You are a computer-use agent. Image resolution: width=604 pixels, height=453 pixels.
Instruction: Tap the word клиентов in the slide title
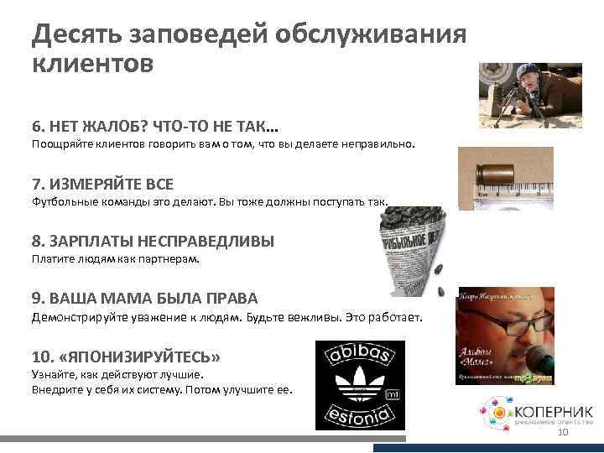point(93,64)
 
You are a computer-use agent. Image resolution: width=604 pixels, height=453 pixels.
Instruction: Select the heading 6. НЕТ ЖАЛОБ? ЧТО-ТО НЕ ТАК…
point(155,127)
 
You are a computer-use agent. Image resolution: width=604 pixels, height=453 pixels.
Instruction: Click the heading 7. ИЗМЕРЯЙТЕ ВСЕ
point(102,184)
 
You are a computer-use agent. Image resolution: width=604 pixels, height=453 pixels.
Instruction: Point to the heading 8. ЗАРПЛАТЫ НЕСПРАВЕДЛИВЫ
point(153,242)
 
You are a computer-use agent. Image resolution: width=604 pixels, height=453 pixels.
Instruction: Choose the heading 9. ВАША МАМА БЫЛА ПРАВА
point(144,299)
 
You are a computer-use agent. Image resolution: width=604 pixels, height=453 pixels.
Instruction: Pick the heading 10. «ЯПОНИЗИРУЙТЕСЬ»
point(126,357)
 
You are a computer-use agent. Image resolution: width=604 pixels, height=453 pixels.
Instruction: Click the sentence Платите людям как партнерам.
point(116,259)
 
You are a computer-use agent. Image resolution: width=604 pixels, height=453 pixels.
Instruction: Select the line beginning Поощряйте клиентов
point(223,144)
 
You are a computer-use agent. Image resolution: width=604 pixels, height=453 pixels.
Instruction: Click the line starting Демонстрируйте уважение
point(227,318)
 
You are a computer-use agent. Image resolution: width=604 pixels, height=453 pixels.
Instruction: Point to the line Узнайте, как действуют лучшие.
point(117,374)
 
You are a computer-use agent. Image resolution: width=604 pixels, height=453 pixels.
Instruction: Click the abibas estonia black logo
point(359,385)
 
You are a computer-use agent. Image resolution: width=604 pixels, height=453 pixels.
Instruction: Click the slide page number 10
point(563,432)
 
